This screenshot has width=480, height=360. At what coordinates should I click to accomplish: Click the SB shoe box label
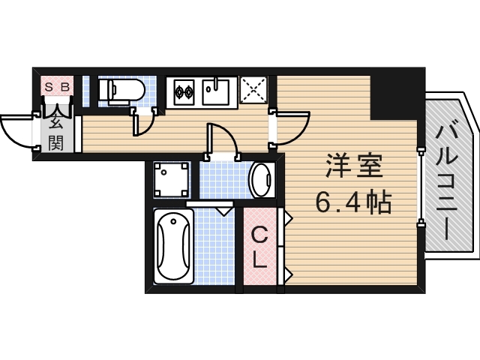coord(57,87)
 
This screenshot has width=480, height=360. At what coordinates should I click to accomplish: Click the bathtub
coord(173,245)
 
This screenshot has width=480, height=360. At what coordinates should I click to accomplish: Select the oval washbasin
coord(260,179)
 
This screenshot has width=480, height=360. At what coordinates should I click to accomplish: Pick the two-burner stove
coord(184,93)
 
